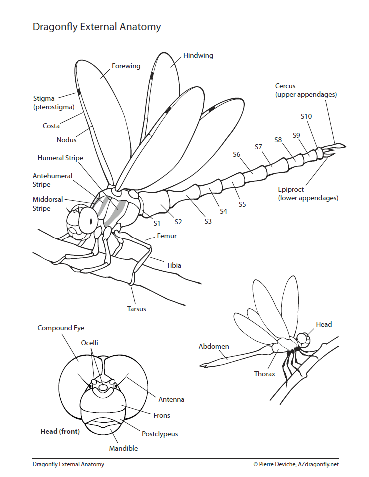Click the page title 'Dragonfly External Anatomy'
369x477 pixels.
(x=97, y=27)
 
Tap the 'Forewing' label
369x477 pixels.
(x=126, y=66)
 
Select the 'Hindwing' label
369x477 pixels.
(x=198, y=55)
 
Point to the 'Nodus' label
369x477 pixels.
(x=66, y=140)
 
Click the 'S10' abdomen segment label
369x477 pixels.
(x=306, y=116)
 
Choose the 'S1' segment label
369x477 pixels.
(x=157, y=223)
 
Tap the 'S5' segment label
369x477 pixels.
(x=242, y=204)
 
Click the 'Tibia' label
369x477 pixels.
(x=174, y=265)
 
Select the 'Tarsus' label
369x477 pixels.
(x=137, y=309)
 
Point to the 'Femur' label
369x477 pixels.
(x=167, y=236)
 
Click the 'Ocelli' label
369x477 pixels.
(x=90, y=343)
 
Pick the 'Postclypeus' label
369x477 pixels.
(x=160, y=434)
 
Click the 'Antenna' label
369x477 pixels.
(x=171, y=399)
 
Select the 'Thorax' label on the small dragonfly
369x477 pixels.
(x=264, y=374)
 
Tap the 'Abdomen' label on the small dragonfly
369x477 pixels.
(x=214, y=346)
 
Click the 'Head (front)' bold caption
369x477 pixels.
(x=60, y=431)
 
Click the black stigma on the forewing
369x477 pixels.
(x=79, y=92)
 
